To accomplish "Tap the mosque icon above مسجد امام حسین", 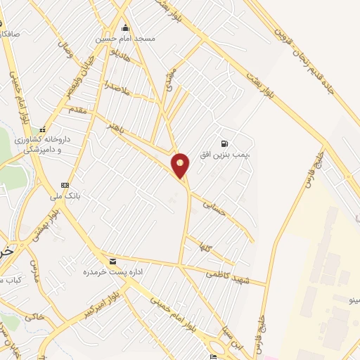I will tap(126, 28).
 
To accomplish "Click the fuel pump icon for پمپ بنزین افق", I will tap(224, 142).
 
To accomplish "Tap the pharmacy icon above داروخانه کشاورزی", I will tap(43, 129).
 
